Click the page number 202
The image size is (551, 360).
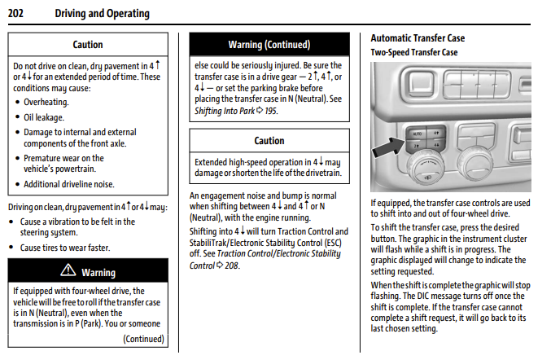click(x=15, y=13)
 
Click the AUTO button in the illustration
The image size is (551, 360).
click(x=417, y=134)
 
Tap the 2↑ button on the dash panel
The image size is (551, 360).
click(x=416, y=145)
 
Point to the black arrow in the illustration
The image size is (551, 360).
click(x=388, y=147)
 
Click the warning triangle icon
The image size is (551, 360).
click(x=68, y=270)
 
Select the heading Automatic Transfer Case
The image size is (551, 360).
click(x=418, y=38)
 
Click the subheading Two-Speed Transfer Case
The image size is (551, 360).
click(x=414, y=52)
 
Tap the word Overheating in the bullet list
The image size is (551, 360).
click(x=46, y=102)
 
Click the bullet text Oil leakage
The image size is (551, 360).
click(x=44, y=117)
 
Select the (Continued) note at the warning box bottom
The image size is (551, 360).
click(x=143, y=339)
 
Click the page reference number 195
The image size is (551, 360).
click(x=271, y=111)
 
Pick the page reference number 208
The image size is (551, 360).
click(x=232, y=266)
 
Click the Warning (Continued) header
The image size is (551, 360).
click(x=269, y=45)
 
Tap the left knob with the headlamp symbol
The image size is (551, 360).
click(x=426, y=169)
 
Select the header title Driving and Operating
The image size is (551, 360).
click(x=103, y=13)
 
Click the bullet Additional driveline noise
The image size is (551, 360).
click(x=69, y=184)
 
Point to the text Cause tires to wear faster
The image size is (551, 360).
click(x=65, y=248)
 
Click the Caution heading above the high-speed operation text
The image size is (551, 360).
click(x=269, y=141)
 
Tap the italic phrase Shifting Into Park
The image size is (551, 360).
click(x=225, y=111)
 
